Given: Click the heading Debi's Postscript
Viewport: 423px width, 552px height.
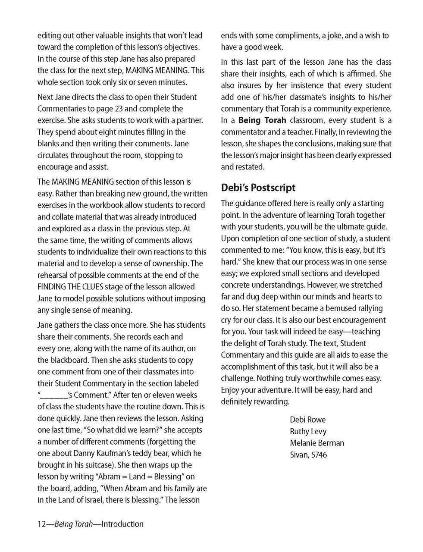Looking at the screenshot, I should (258, 188).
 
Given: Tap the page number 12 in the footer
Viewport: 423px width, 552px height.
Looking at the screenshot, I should (41, 524).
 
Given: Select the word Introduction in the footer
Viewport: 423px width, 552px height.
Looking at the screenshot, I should (122, 524).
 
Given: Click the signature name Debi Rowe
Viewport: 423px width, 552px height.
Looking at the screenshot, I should (307, 420).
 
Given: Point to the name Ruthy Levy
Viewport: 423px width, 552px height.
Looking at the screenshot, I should (308, 431).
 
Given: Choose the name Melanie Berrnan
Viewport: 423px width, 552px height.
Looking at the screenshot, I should (317, 443).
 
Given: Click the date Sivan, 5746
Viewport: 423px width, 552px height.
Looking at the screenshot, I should (308, 455).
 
